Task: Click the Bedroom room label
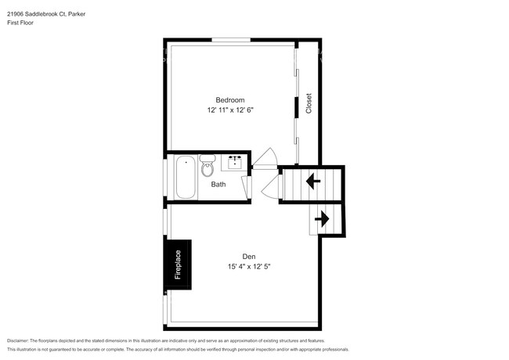[230, 100]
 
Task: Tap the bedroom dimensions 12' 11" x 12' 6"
[230, 110]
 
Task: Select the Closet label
[309, 103]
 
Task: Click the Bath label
[218, 184]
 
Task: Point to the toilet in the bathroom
[208, 166]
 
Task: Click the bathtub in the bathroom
[186, 177]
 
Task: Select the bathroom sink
[235, 163]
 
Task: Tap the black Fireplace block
[178, 265]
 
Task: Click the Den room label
[249, 257]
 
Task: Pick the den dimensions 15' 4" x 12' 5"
[249, 267]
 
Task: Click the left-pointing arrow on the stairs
[313, 181]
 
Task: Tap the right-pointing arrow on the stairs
[322, 219]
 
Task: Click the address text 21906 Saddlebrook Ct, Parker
[46, 14]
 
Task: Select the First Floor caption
[20, 23]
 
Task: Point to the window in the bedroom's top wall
[231, 40]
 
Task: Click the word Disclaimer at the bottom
[17, 341]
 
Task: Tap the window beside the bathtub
[165, 178]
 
